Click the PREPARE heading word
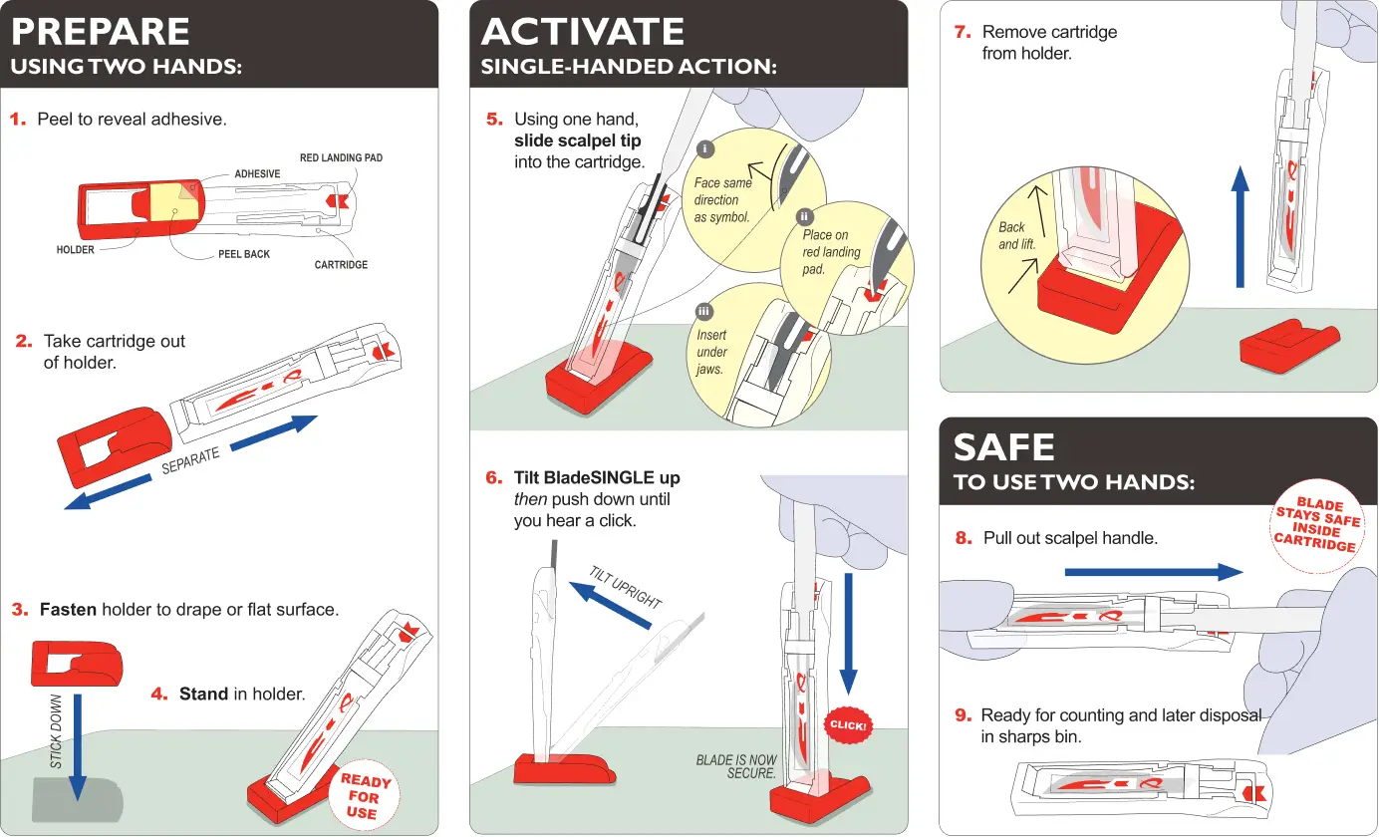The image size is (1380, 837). [100, 32]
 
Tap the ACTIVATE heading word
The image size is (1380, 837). [582, 32]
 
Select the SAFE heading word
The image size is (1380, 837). [1003, 447]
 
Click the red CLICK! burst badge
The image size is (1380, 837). [848, 725]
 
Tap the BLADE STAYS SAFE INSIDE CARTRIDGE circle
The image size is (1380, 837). [1317, 524]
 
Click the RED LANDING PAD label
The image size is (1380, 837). [341, 158]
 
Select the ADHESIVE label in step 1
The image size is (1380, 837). [257, 173]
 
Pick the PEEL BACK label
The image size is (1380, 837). [244, 254]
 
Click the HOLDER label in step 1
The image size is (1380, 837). [76, 250]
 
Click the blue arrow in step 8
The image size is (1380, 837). [1154, 572]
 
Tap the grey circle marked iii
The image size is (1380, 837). [703, 312]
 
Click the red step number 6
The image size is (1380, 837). [494, 478]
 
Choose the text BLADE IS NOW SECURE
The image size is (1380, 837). [736, 766]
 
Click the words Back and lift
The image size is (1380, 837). [1016, 235]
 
